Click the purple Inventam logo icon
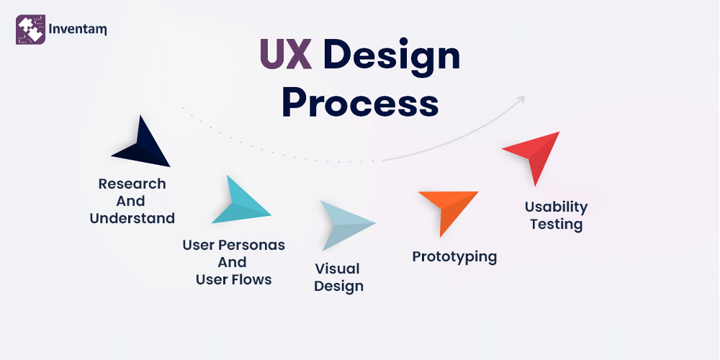(31, 30)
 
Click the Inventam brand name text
(78, 30)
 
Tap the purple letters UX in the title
(287, 56)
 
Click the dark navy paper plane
(142, 144)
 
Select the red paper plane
(534, 153)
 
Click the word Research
(132, 184)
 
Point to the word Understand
(132, 218)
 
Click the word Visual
(337, 269)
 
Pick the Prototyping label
(454, 256)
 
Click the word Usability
(556, 207)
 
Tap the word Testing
(556, 224)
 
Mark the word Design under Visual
(338, 286)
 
